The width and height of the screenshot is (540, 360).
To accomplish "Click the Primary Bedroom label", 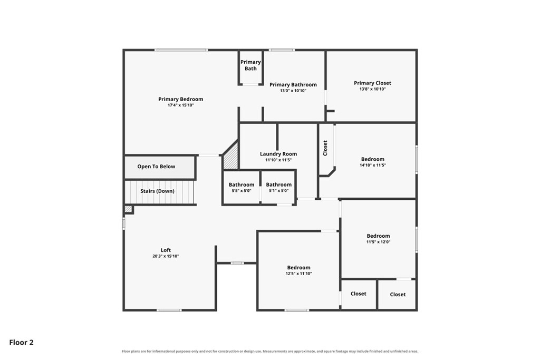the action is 180,99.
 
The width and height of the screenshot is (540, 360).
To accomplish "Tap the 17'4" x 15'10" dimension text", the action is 180,105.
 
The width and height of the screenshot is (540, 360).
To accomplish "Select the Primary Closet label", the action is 372,83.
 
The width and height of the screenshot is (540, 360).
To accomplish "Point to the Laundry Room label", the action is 278,154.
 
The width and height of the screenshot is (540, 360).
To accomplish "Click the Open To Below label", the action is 156,167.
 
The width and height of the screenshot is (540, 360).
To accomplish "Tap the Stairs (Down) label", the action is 157,191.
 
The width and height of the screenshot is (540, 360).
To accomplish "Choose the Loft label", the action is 166,250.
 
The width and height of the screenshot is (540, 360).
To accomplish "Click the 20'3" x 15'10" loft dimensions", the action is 166,256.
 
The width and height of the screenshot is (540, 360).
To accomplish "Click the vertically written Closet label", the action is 325,148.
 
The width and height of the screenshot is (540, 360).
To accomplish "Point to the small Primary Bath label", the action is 250,65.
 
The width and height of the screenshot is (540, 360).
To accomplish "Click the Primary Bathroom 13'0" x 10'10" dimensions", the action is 293,91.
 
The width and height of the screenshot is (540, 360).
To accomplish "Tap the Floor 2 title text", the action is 21,343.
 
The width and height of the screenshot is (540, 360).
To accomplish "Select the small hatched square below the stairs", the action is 128,209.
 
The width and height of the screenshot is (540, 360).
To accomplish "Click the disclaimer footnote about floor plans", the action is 270,352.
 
